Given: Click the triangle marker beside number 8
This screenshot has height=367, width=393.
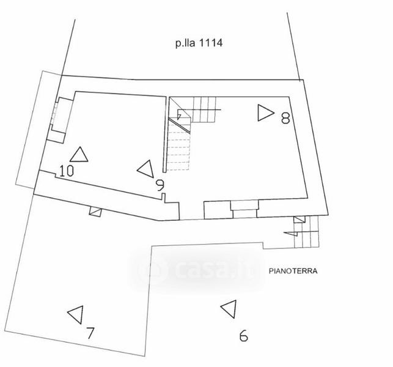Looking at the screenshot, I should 265,113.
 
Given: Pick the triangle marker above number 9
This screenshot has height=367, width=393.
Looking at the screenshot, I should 146,168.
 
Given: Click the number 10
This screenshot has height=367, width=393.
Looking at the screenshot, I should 67,171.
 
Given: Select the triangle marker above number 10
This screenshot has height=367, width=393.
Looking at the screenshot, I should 79,154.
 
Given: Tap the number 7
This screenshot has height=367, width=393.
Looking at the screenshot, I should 90,333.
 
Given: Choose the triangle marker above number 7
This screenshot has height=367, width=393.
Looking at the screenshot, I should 76,314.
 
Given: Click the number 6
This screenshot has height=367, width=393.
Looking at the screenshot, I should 243,335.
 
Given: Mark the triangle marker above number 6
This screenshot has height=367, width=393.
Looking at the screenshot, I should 229,309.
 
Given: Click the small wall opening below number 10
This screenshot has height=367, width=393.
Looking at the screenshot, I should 94,211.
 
